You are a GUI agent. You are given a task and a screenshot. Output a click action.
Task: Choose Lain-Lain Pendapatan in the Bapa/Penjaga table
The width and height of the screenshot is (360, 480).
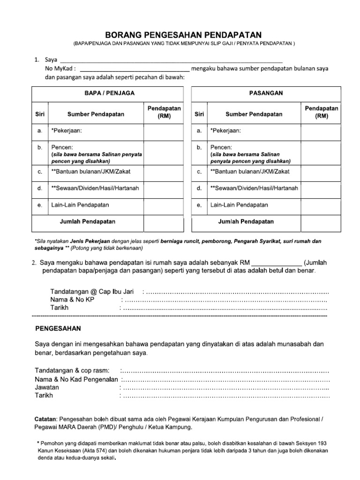coord(77,205)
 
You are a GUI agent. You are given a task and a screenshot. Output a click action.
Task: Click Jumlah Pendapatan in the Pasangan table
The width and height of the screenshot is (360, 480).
coord(246,221)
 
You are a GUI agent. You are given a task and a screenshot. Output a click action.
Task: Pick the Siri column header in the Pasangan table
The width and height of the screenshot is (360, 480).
coord(199,114)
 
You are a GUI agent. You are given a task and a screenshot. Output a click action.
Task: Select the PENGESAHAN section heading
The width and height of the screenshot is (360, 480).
coord(58,329)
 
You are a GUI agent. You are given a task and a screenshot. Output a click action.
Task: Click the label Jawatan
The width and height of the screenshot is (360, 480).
coord(47,387)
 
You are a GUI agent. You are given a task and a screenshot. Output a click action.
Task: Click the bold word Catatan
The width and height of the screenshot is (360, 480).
coord(46,418)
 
